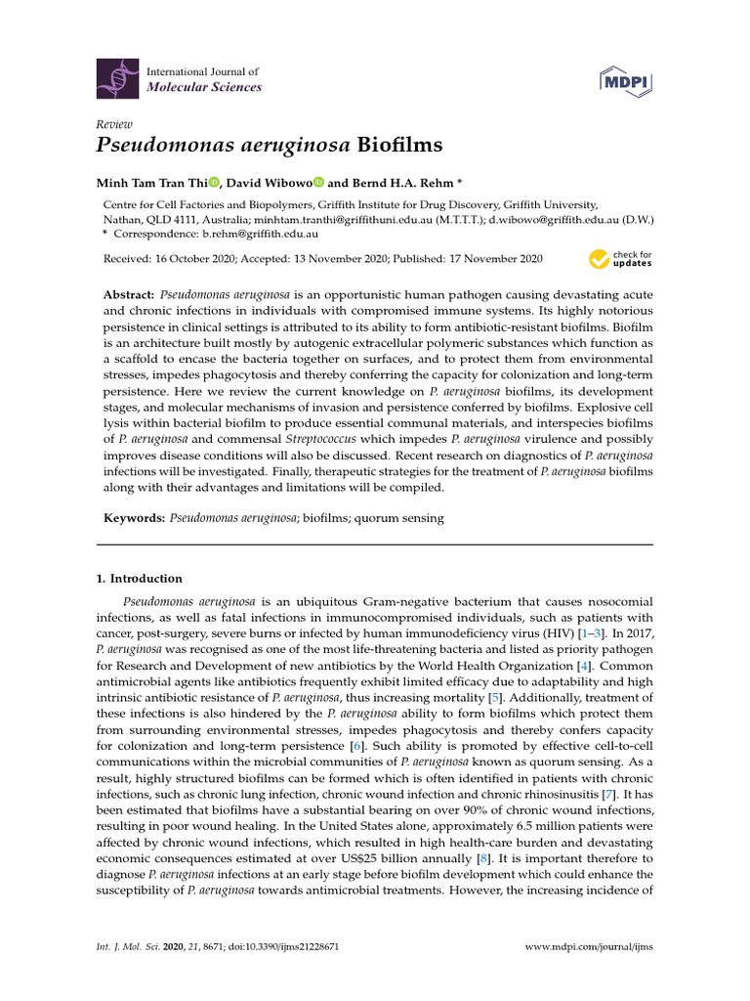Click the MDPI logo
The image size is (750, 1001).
click(x=625, y=79)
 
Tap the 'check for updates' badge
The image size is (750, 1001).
click(x=620, y=259)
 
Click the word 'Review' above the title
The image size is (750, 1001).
click(x=113, y=124)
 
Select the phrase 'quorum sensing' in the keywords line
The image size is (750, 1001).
click(x=404, y=518)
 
